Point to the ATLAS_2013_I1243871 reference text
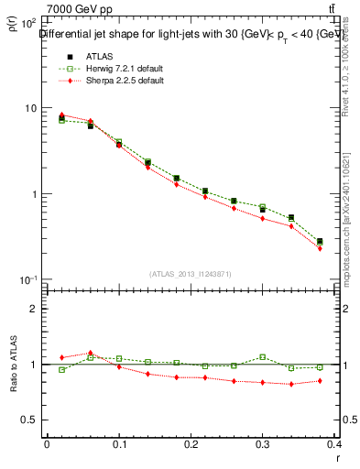[x=191, y=274]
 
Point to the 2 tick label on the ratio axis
[x=32, y=309]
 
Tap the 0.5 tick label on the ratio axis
[x=29, y=420]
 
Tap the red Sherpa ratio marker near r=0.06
[x=91, y=354]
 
